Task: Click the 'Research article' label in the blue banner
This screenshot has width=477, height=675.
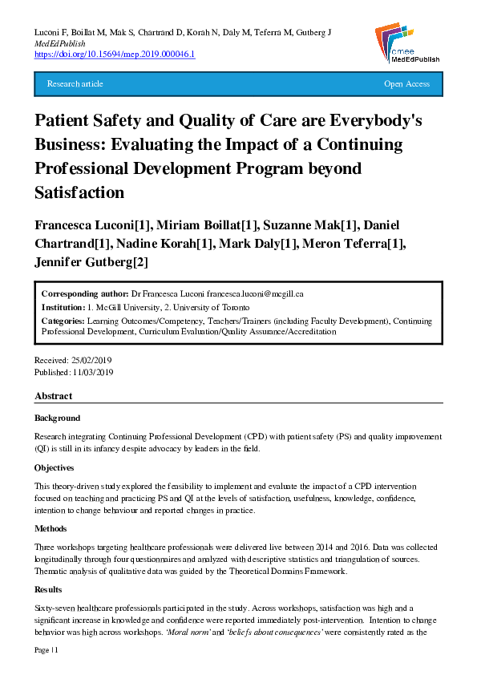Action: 75,84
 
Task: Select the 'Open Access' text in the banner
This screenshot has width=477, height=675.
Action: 406,84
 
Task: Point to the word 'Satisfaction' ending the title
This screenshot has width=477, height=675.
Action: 79,192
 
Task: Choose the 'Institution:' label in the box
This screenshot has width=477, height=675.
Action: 63,307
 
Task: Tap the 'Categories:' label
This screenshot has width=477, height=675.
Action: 63,321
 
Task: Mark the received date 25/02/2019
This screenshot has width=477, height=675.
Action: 92,360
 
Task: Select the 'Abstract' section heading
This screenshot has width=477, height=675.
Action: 54,396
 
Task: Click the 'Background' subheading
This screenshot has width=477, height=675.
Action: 58,418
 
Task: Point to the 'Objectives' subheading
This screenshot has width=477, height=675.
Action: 55,467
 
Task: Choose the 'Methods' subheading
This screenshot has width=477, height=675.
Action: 51,528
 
